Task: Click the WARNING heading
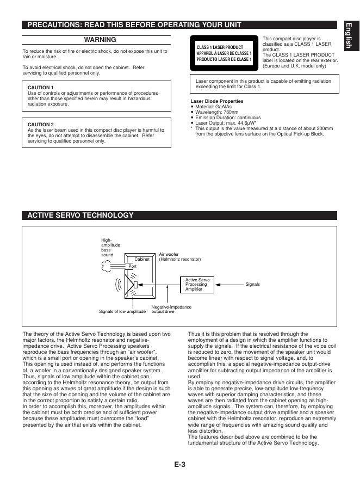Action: pos(100,40)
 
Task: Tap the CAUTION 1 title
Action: pos(40,88)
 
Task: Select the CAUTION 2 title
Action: pos(40,124)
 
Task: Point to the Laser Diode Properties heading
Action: pos(217,101)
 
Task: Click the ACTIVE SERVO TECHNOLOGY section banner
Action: pos(80,216)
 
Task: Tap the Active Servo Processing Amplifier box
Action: pos(197,285)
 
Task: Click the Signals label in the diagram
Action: pos(253,285)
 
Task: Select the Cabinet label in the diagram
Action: pos(141,260)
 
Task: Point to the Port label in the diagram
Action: pos(132,266)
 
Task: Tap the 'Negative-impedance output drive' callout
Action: pos(171,310)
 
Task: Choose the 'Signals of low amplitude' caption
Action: pos(122,312)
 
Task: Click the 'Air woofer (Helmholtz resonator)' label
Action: pos(179,257)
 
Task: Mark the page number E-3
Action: pos(180,464)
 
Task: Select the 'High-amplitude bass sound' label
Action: pos(110,247)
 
